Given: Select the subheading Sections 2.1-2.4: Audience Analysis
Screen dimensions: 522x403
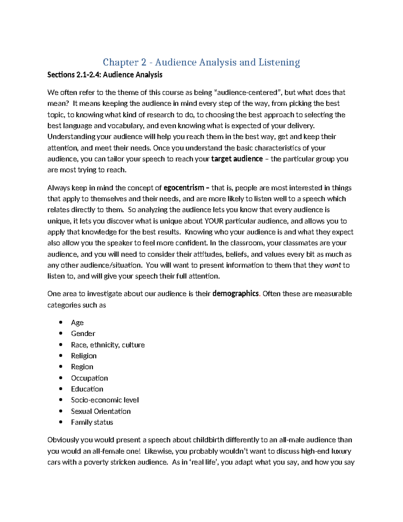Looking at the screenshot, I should click(x=105, y=75).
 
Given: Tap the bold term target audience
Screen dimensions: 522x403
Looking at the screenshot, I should click(x=237, y=159).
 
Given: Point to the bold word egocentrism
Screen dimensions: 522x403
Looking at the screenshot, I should click(x=184, y=188).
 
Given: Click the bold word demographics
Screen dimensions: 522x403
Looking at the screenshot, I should click(x=235, y=294).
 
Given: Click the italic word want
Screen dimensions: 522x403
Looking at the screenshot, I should click(x=333, y=265).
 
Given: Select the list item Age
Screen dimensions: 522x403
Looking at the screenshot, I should click(x=77, y=323).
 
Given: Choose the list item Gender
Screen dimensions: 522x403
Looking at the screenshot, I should click(x=83, y=333).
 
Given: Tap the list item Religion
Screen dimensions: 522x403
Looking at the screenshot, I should click(x=84, y=356).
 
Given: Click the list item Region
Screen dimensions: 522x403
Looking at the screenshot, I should click(x=82, y=367).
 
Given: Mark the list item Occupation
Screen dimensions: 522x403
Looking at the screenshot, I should click(x=89, y=378).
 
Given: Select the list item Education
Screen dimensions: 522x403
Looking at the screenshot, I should click(x=87, y=389).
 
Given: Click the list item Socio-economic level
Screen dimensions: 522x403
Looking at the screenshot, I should click(x=105, y=400).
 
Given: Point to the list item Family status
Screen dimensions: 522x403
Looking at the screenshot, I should click(x=92, y=422).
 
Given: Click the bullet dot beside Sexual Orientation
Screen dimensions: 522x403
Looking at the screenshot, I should click(x=61, y=411).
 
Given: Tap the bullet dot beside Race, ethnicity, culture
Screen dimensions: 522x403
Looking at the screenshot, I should click(x=61, y=345).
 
